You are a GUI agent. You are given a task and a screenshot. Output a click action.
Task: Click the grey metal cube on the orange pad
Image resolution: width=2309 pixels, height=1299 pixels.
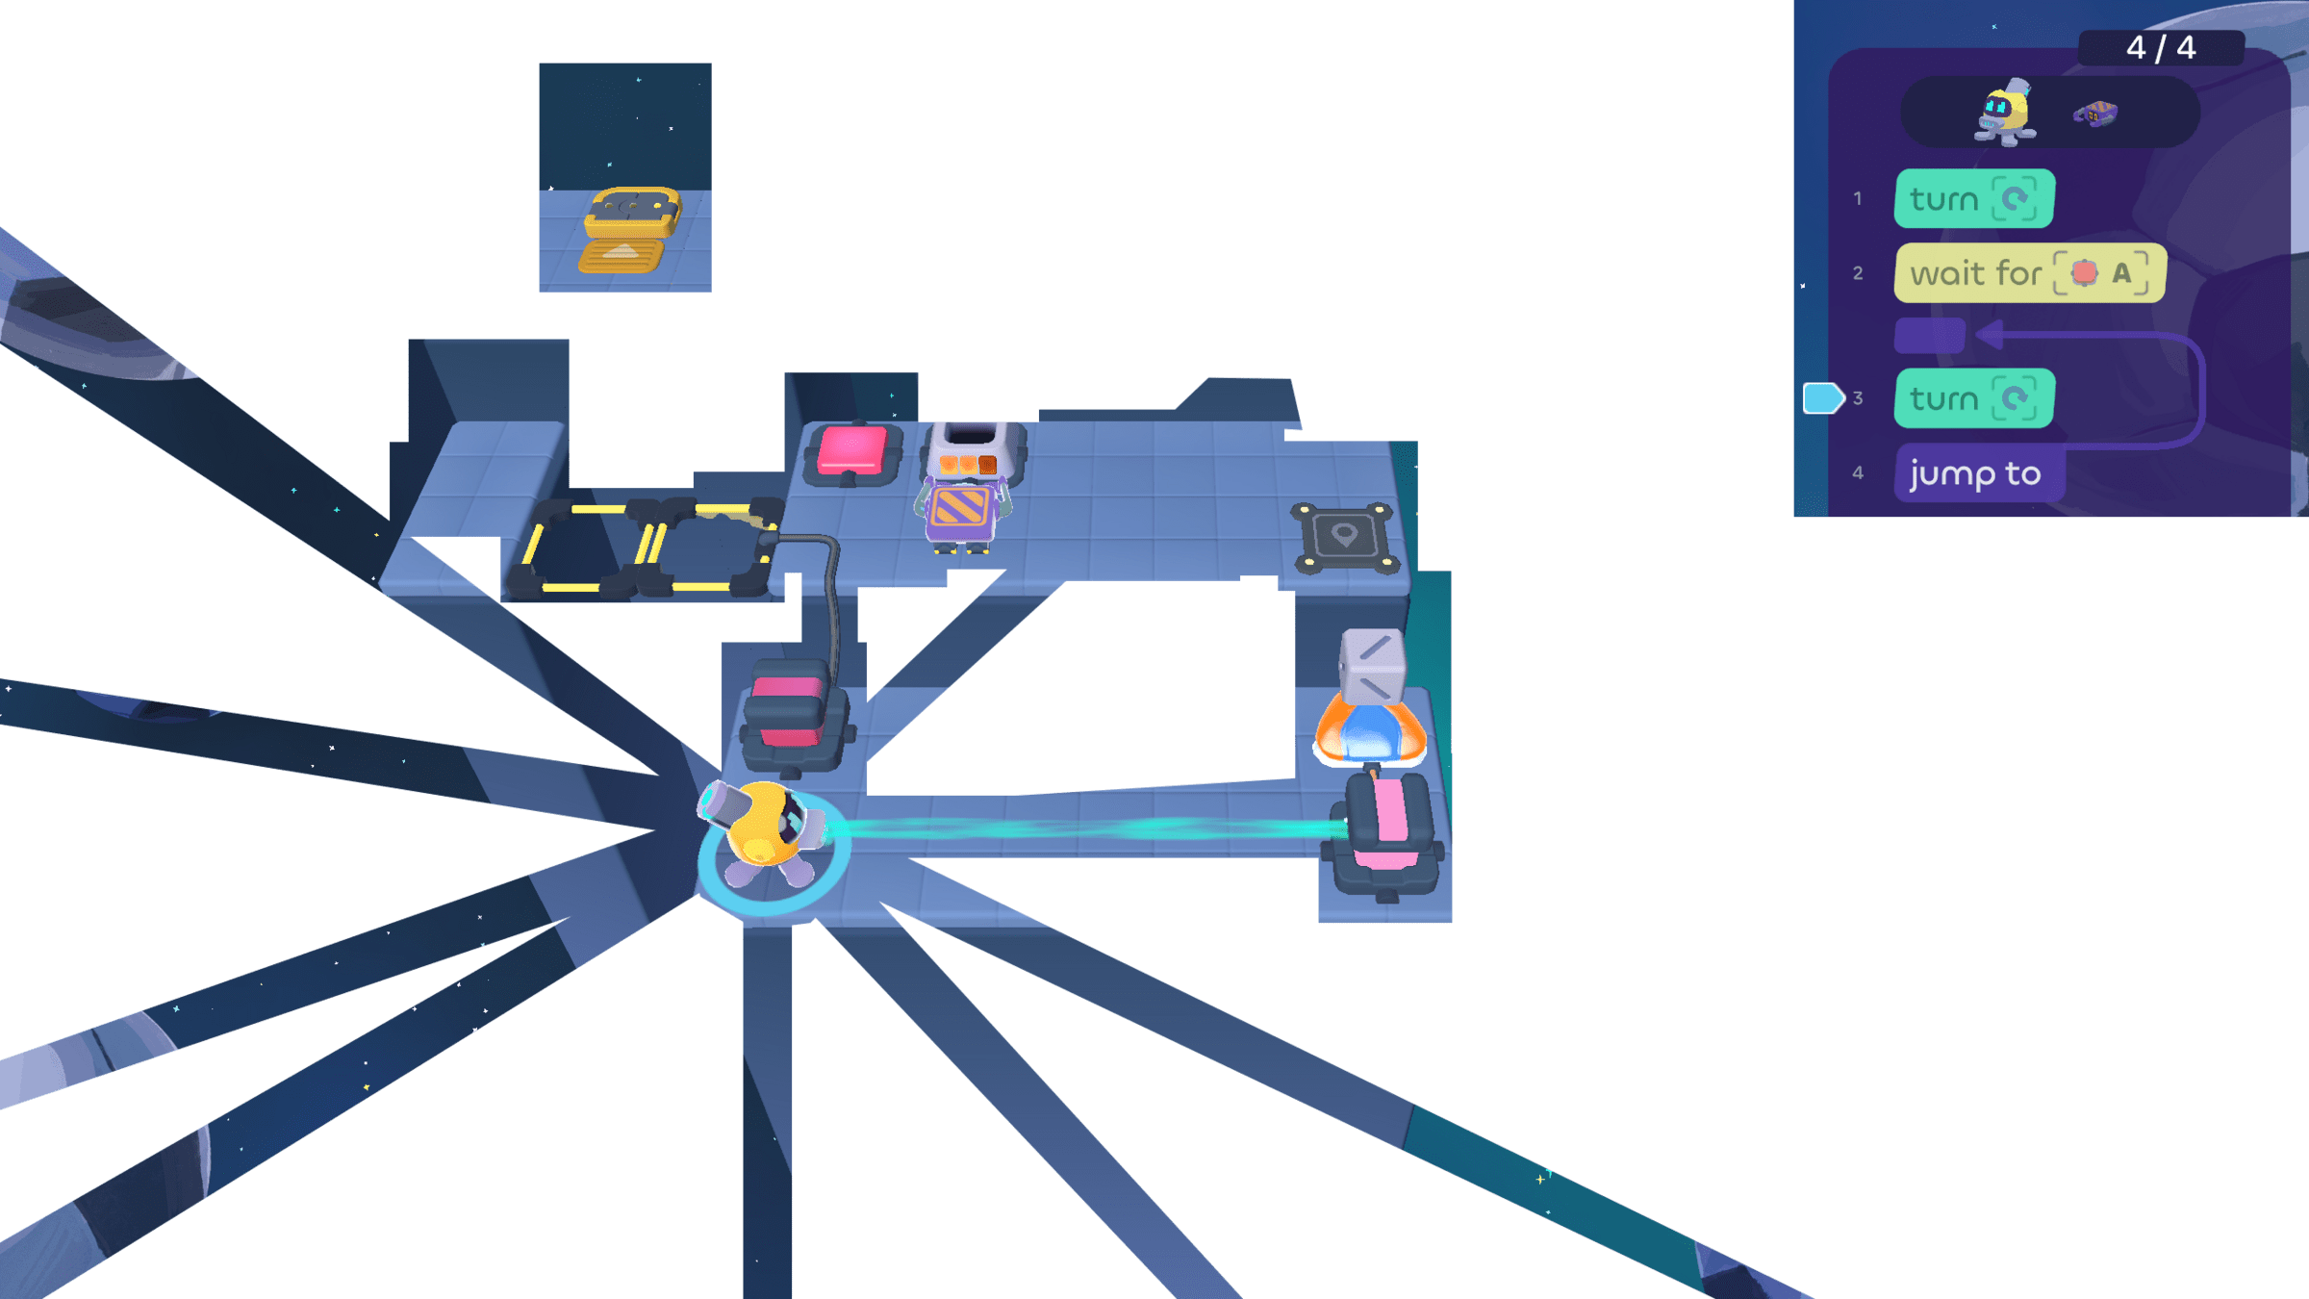click(x=1373, y=665)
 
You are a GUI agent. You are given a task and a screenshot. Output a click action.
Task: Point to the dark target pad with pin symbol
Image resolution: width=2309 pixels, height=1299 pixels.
click(x=1344, y=537)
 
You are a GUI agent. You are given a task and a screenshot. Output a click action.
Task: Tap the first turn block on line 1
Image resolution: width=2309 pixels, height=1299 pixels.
click(x=1973, y=199)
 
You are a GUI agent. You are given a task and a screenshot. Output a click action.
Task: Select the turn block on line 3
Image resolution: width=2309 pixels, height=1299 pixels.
click(x=1973, y=398)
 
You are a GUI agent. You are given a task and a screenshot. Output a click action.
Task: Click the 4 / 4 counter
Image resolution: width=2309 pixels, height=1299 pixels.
click(x=2160, y=47)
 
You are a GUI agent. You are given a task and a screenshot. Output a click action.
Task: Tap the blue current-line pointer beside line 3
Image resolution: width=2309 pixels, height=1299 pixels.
click(x=1821, y=398)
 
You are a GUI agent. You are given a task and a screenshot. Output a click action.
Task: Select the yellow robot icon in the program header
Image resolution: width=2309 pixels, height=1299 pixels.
click(x=2005, y=114)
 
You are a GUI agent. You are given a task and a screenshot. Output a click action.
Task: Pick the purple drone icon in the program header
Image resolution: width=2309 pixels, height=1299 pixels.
click(x=2095, y=115)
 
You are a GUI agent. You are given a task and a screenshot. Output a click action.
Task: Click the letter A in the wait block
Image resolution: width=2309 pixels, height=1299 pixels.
click(x=2121, y=273)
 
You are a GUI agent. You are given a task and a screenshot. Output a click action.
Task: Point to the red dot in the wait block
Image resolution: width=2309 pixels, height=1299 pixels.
click(x=2084, y=273)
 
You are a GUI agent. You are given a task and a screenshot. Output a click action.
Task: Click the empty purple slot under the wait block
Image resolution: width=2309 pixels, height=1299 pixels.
click(x=1929, y=336)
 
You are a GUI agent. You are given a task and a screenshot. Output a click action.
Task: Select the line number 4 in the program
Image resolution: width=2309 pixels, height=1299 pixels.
click(x=1858, y=473)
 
